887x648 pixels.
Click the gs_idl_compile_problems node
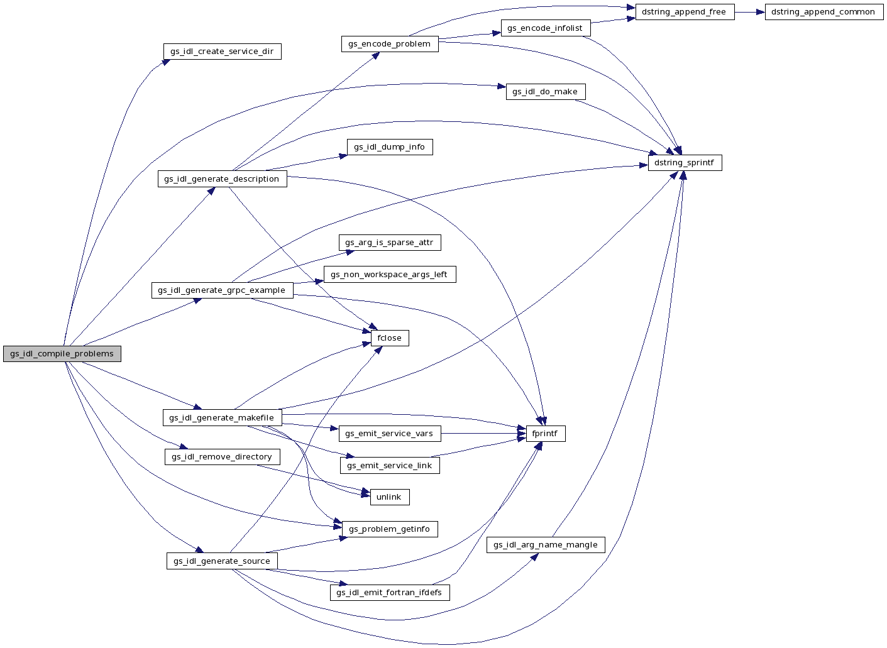click(62, 354)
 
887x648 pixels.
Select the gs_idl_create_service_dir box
click(222, 52)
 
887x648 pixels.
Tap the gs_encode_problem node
click(389, 44)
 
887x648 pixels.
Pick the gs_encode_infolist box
click(545, 28)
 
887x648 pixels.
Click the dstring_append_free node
click(684, 12)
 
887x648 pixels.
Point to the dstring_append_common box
click(823, 12)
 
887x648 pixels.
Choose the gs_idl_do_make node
click(545, 92)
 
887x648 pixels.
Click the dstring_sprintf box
click(684, 163)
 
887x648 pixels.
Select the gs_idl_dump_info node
click(389, 147)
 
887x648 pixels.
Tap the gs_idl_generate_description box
click(222, 179)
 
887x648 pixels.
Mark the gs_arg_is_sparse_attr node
click(389, 243)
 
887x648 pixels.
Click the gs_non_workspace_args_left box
click(389, 275)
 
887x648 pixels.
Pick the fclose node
click(389, 338)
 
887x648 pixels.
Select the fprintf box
click(544, 434)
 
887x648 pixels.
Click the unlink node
click(389, 497)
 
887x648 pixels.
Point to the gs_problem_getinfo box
click(389, 529)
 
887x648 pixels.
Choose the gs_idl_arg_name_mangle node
click(545, 545)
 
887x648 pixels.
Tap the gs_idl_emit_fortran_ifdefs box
click(389, 593)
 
